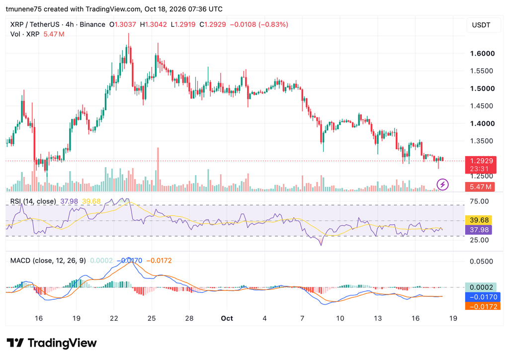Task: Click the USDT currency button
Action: [x=481, y=25]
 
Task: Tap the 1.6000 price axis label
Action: [x=482, y=54]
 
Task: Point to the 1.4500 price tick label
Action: [x=481, y=106]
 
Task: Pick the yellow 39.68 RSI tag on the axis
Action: [x=479, y=220]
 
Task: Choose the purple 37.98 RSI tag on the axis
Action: [x=479, y=230]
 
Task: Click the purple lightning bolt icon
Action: [x=442, y=184]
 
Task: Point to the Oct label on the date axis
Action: [x=227, y=318]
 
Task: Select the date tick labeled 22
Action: [x=114, y=318]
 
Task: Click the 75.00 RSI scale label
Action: [x=479, y=201]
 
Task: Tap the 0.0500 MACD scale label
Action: [x=481, y=262]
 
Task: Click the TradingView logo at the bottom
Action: [x=52, y=343]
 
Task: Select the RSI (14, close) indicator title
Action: [x=33, y=201]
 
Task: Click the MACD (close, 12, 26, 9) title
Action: [x=48, y=261]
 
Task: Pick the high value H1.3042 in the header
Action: [x=153, y=25]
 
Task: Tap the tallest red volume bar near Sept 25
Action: [x=158, y=169]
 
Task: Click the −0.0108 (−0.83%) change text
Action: [x=259, y=25]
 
